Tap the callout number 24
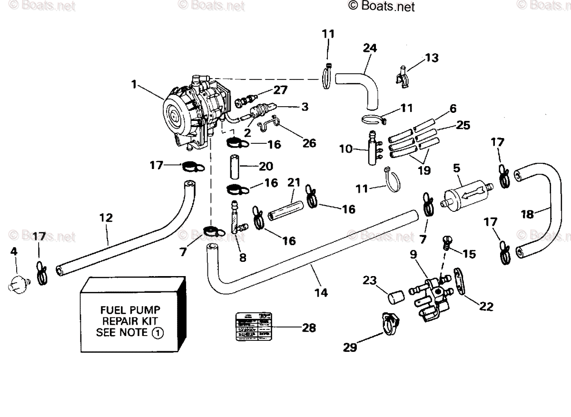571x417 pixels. (369, 48)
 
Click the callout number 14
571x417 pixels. (321, 292)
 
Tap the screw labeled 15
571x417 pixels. (446, 242)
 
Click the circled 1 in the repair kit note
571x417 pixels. (158, 333)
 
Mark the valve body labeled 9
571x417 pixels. (431, 298)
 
